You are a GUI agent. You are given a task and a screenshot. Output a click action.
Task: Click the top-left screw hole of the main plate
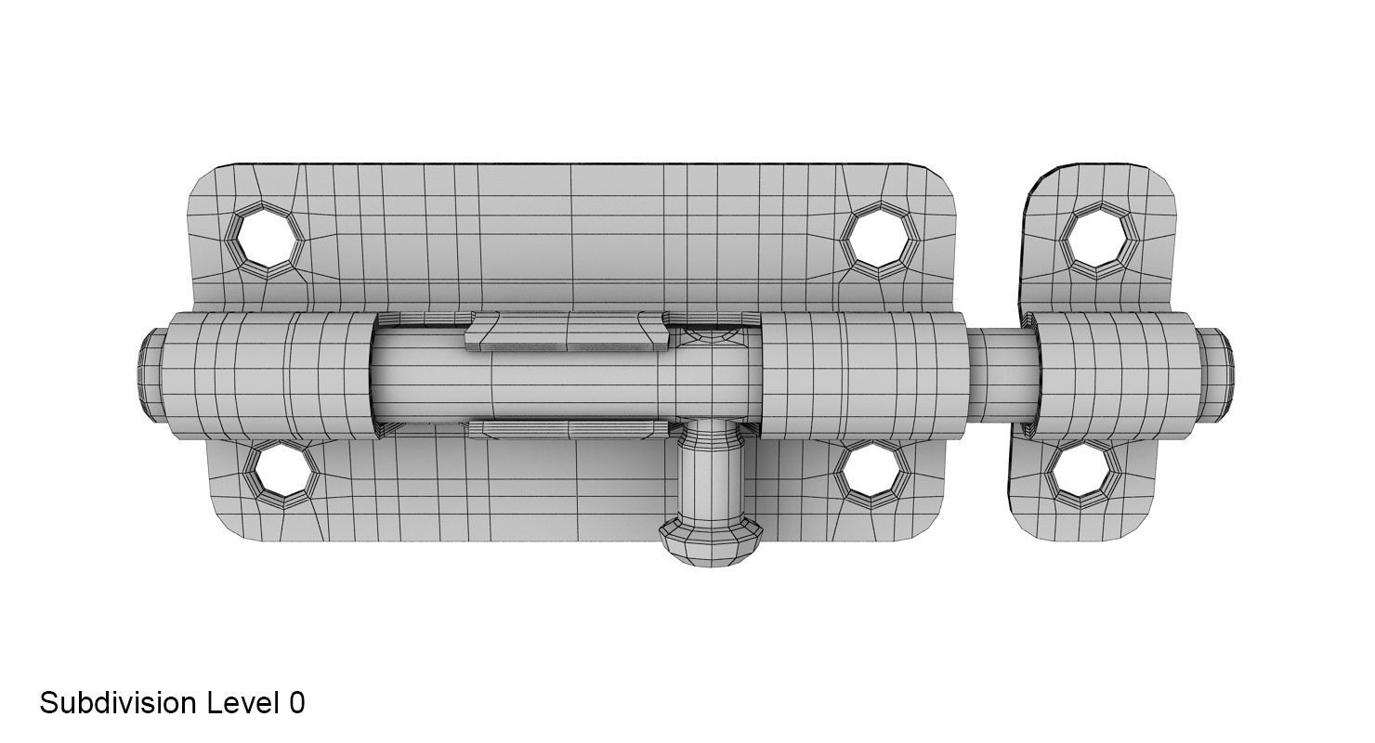(267, 240)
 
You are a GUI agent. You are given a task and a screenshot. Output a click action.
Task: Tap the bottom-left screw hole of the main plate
(281, 473)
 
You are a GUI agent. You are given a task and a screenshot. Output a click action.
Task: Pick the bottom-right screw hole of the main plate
(871, 473)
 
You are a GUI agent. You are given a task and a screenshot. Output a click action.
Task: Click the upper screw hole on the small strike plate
(1099, 240)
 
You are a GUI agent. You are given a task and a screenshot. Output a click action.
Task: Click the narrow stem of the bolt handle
(711, 474)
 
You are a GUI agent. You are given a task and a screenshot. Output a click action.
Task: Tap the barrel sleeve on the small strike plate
(1115, 374)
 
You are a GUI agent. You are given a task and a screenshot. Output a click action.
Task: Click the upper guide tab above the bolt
(567, 332)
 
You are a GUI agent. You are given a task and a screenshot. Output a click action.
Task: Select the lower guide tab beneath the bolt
(567, 429)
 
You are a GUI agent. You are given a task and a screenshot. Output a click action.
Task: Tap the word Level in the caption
(242, 703)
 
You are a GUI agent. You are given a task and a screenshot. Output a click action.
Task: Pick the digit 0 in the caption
(296, 703)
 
